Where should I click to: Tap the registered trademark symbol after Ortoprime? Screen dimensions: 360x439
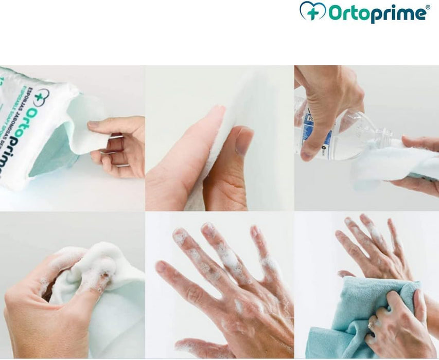tap(427, 7)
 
